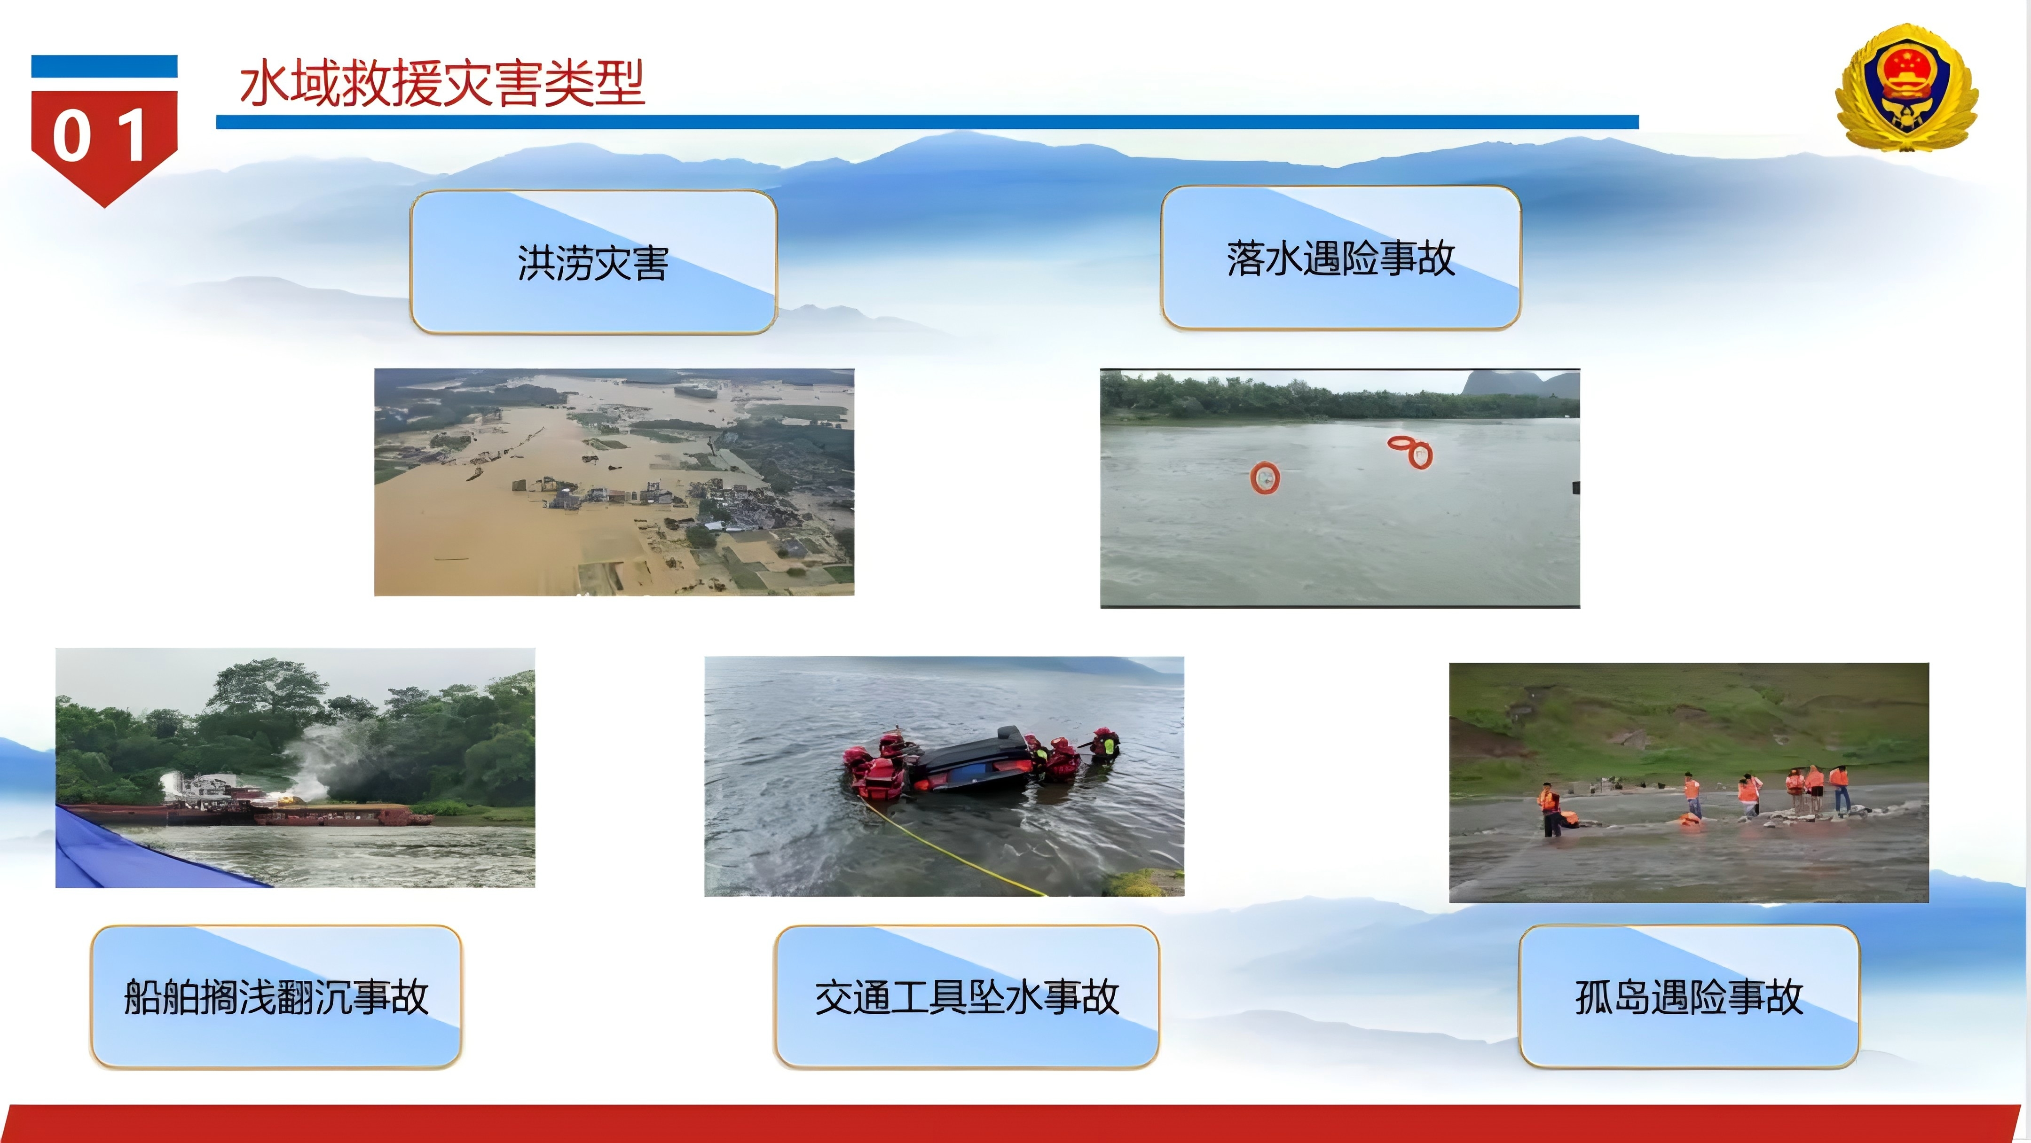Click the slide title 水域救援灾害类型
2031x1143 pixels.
click(x=442, y=83)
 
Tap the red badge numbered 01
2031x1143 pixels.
click(x=104, y=142)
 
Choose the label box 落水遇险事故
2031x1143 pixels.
click(x=1340, y=258)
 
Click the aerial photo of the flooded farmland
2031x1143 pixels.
click(x=614, y=482)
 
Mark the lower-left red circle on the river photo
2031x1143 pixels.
click(x=1265, y=478)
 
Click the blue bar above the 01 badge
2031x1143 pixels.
click(x=104, y=66)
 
